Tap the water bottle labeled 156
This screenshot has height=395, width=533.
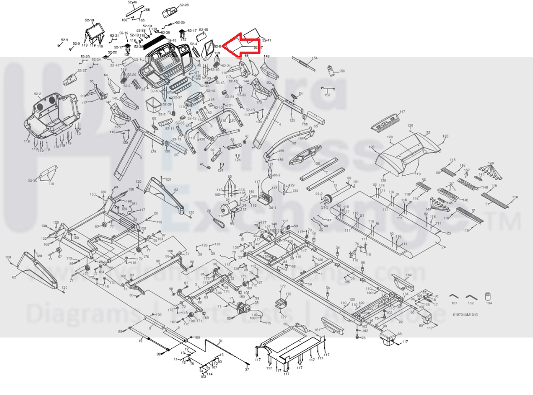tap(330, 71)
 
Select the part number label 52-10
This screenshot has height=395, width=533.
tap(89, 20)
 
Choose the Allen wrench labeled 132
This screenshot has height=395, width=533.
tap(470, 297)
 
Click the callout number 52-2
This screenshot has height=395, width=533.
tap(38, 94)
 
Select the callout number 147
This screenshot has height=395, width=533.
tap(402, 111)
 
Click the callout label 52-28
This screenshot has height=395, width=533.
tap(184, 5)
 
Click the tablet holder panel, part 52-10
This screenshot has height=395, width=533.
tap(94, 32)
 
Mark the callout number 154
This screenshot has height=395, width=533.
tap(315, 58)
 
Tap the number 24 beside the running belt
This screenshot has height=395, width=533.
tap(443, 247)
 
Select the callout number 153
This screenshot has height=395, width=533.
tap(327, 95)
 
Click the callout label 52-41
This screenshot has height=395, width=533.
tap(266, 40)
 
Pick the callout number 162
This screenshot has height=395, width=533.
tap(408, 275)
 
